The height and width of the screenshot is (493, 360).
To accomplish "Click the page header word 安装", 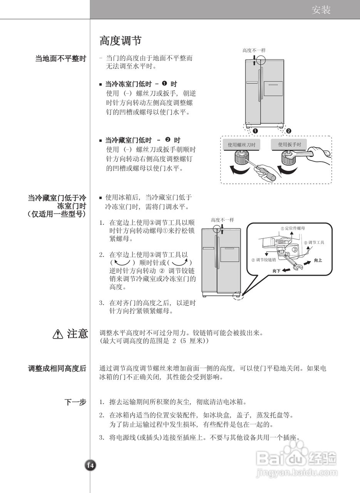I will click(321, 10).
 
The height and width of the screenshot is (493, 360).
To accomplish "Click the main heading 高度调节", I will click(121, 40).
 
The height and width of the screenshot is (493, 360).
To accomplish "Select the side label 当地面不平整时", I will click(60, 59).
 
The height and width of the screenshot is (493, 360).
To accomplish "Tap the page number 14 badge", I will click(90, 465).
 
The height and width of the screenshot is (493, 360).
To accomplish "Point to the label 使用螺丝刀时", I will click(241, 145).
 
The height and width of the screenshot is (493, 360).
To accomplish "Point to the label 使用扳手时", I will click(294, 145).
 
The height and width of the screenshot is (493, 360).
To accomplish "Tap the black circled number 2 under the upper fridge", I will click(289, 131).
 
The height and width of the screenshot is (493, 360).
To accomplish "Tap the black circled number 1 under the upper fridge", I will click(255, 131).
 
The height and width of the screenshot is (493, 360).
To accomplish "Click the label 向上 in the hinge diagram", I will click(318, 260).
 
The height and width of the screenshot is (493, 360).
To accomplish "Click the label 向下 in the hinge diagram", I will click(276, 271).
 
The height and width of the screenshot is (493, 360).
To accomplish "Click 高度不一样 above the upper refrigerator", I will click(254, 50).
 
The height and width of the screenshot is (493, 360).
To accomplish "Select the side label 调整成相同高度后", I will click(57, 369).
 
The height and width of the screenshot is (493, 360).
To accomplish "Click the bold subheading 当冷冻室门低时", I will click(131, 84).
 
